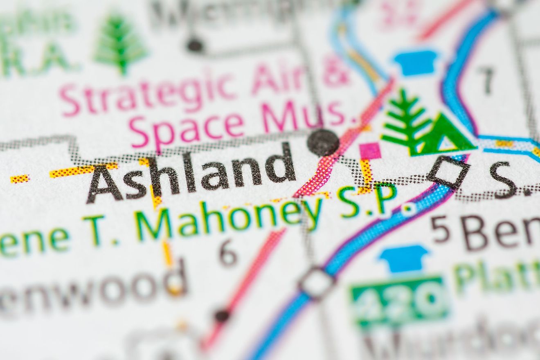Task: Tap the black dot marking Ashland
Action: (323, 143)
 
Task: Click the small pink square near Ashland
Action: (370, 151)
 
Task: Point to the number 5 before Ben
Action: (440, 229)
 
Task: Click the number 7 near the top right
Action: (486, 80)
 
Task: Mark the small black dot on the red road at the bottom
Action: (222, 315)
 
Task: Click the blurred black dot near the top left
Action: (195, 45)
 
